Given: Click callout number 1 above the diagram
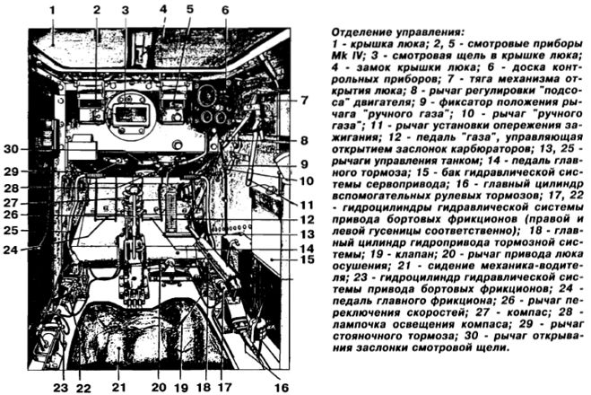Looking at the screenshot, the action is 52,10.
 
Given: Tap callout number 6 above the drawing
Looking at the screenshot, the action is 225,10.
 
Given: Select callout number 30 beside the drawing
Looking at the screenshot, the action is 12,149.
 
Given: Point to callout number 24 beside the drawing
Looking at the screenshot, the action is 11,250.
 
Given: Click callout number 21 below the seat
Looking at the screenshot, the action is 118,387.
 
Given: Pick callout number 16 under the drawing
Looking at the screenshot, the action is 282,388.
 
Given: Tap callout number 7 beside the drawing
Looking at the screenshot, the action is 305,101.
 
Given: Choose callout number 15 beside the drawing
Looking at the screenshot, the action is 308,259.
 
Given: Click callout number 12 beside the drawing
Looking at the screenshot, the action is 308,220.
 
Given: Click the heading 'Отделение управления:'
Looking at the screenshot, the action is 397,31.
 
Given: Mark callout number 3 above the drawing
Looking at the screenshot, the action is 126,10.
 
